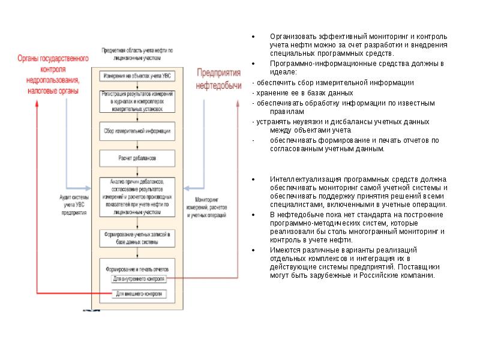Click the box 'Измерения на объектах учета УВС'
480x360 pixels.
pyautogui.click(x=137, y=76)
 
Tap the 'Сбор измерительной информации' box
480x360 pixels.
pyautogui.click(x=137, y=131)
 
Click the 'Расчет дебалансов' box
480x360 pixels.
pyautogui.click(x=137, y=158)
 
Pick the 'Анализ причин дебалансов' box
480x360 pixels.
pyautogui.click(x=137, y=196)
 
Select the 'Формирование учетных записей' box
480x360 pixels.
pyautogui.click(x=137, y=238)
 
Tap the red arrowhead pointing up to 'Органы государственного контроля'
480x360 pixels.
pyautogui.click(x=37, y=102)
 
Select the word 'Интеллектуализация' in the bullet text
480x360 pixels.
pyautogui.click(x=298, y=179)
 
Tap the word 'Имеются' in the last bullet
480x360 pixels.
pyautogui.click(x=282, y=250)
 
